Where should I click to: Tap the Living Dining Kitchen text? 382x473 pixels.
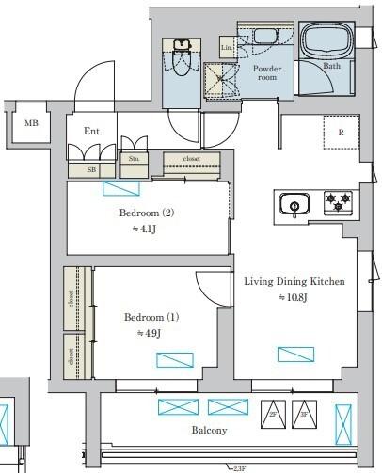tap(294, 281)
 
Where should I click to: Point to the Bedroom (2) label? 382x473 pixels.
tap(147, 213)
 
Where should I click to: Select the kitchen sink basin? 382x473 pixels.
tap(294, 205)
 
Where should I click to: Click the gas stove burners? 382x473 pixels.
tap(337, 202)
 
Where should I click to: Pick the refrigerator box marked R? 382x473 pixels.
tap(340, 133)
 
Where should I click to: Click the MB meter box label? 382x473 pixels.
tap(31, 124)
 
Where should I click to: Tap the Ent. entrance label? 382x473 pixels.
tap(93, 131)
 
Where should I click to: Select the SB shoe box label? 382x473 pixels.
tap(91, 170)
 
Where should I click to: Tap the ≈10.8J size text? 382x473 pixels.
tap(294, 298)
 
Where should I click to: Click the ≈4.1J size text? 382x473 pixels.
tap(147, 228)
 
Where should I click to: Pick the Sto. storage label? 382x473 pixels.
tap(135, 158)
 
